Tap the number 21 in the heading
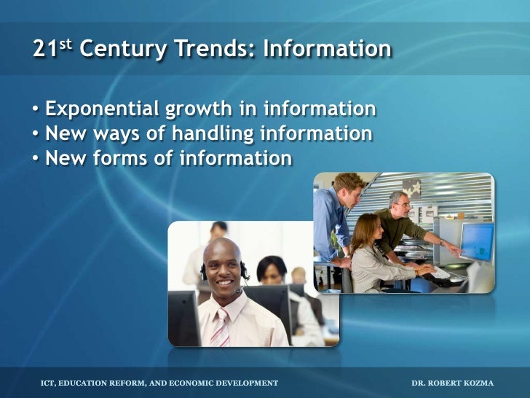pos(43,49)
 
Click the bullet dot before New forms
pos(36,158)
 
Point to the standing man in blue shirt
pos(336,219)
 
